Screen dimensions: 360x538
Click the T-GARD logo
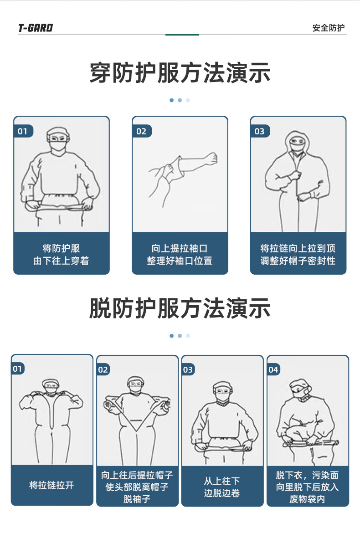(36, 28)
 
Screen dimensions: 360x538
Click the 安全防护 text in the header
(329, 28)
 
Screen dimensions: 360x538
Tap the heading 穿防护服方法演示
(180, 73)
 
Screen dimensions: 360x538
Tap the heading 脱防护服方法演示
(180, 308)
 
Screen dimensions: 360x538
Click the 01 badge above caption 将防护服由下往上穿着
(23, 131)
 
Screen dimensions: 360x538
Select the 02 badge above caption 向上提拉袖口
(141, 131)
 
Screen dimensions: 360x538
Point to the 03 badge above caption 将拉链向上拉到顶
(259, 131)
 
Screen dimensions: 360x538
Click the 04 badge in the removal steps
(273, 369)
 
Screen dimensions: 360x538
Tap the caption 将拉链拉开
(52, 485)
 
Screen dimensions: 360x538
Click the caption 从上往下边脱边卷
(222, 487)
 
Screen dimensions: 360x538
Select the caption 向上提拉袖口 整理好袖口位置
(180, 254)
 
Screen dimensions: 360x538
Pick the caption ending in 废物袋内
(308, 487)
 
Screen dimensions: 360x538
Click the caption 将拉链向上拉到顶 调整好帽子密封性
(298, 254)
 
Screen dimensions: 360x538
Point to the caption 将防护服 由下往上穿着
(62, 254)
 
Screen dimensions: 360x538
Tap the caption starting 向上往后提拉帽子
(137, 487)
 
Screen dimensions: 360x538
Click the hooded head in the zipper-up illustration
(297, 142)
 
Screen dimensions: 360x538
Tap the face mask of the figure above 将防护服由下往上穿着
(58, 145)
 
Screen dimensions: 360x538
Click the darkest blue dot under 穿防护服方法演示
(172, 100)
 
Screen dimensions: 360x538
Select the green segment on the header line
(182, 35)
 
